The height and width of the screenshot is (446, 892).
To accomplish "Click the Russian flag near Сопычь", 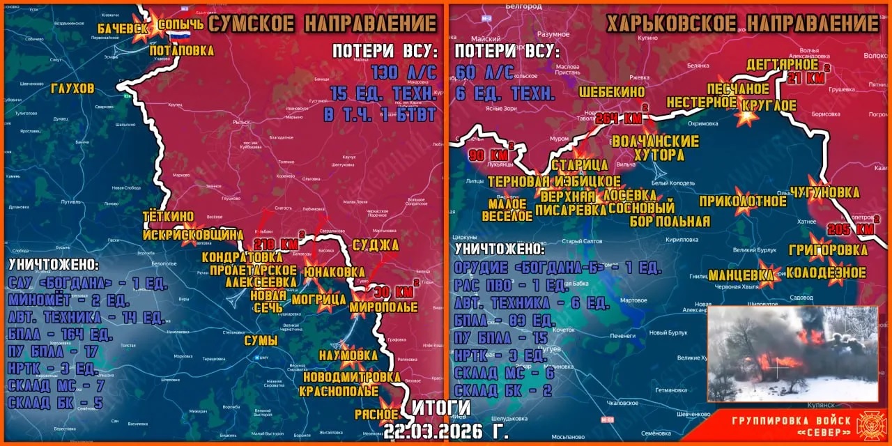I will click(x=180, y=37).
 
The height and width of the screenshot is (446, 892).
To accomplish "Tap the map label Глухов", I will click(x=72, y=89).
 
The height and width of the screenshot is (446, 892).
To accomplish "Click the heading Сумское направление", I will click(x=323, y=24).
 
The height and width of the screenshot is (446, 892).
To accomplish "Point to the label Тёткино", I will click(x=168, y=217).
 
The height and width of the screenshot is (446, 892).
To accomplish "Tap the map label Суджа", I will click(x=376, y=245).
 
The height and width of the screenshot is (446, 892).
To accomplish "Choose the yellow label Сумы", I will click(x=261, y=341).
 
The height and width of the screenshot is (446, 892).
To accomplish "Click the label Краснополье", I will click(x=339, y=391).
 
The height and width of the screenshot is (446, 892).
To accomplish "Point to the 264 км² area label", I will click(x=619, y=118).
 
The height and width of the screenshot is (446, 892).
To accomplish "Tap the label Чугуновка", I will click(x=825, y=192).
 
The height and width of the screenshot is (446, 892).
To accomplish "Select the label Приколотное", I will click(x=744, y=201).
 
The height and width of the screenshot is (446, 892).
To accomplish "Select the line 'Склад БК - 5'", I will click(x=55, y=402).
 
